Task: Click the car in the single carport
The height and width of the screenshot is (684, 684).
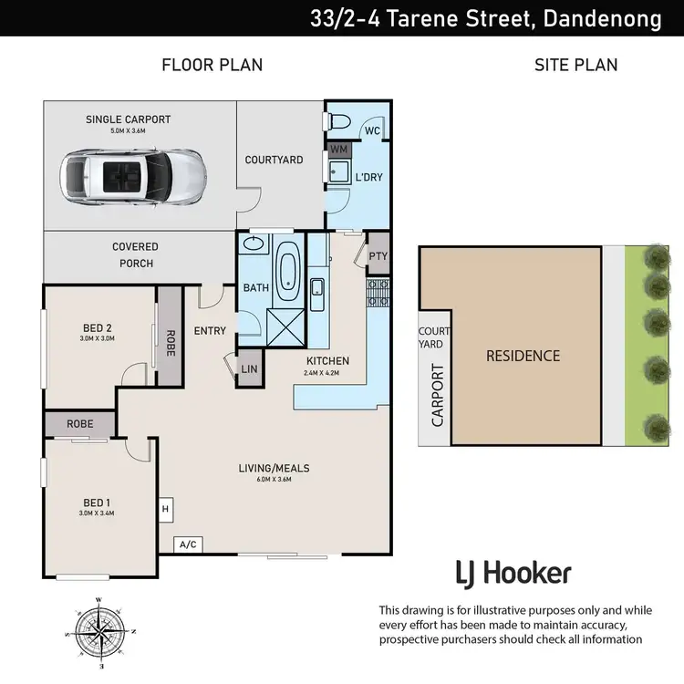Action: (x=133, y=177)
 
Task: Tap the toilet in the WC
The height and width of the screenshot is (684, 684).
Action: (x=337, y=120)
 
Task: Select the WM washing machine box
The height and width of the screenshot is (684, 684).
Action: (x=339, y=150)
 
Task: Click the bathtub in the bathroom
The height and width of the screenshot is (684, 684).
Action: (x=287, y=271)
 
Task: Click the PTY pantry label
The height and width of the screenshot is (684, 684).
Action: (x=378, y=256)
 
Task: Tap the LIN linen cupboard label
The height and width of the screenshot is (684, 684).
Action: (x=249, y=369)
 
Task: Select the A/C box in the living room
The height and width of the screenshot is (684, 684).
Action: (x=188, y=544)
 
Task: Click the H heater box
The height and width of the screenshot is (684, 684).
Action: (x=165, y=509)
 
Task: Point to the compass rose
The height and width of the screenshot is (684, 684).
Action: (x=100, y=632)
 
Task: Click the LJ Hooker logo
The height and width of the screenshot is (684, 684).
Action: (x=513, y=574)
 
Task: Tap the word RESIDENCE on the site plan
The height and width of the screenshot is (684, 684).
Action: (x=523, y=356)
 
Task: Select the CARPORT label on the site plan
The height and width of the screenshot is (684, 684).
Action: (x=438, y=395)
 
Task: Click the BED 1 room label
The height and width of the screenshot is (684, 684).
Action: (x=97, y=503)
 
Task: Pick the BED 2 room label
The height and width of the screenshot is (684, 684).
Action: (x=98, y=328)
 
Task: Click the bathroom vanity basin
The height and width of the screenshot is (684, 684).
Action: (x=254, y=243)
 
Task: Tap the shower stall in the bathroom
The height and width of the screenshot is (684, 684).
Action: (x=285, y=327)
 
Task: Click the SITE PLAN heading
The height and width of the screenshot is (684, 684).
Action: (x=575, y=65)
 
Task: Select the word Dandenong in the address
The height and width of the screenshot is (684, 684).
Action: (x=603, y=18)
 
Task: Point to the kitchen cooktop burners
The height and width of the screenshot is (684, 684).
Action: (x=378, y=293)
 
